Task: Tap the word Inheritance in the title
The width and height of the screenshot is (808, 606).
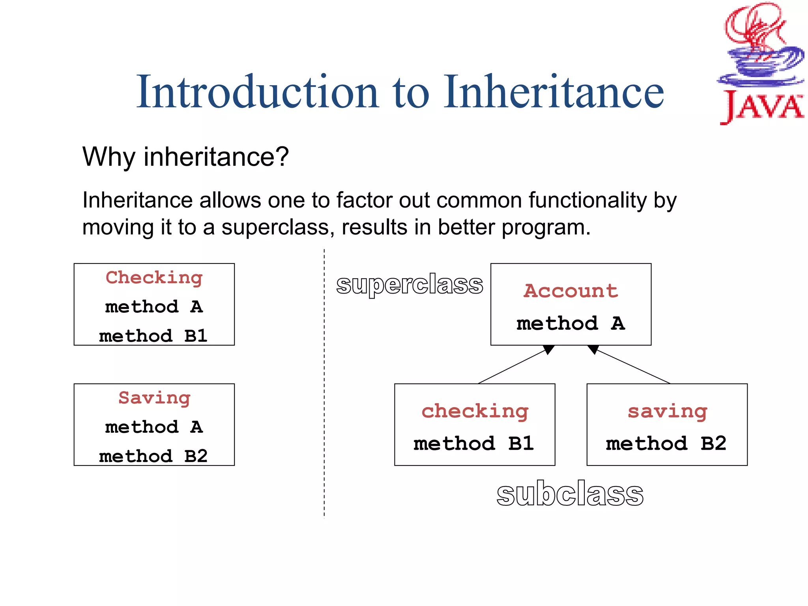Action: click(x=554, y=92)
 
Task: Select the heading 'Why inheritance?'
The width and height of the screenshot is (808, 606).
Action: click(x=185, y=157)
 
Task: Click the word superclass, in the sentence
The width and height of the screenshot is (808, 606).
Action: click(x=275, y=228)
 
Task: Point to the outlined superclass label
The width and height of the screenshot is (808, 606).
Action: click(x=410, y=285)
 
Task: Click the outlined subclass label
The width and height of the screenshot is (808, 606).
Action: click(x=570, y=494)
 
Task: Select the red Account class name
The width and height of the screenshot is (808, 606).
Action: click(x=570, y=291)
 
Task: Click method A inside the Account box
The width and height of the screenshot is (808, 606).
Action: click(x=570, y=324)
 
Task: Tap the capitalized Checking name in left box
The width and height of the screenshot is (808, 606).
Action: click(x=154, y=278)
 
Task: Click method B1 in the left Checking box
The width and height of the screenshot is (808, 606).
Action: click(x=153, y=336)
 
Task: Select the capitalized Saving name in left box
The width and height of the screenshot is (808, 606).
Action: click(x=154, y=398)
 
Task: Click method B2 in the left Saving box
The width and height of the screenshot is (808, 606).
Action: click(x=153, y=456)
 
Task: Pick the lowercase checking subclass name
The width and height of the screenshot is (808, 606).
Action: click(x=475, y=411)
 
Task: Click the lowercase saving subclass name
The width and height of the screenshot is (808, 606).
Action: click(x=667, y=411)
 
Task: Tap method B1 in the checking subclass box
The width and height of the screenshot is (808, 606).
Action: click(x=474, y=444)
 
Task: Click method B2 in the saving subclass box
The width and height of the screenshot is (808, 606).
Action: click(x=666, y=444)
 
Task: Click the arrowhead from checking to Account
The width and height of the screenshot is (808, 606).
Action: click(x=549, y=349)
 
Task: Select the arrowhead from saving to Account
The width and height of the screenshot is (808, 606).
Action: click(x=593, y=349)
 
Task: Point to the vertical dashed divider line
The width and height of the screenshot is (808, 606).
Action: click(x=324, y=383)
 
